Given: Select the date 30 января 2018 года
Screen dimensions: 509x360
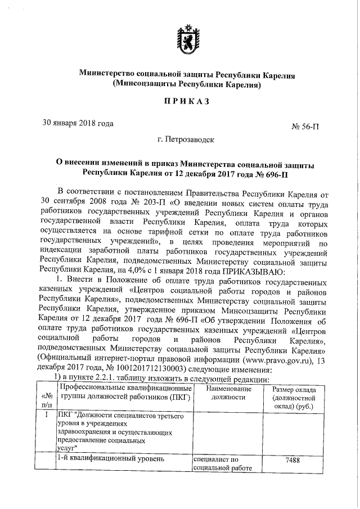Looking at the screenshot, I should point(78,123).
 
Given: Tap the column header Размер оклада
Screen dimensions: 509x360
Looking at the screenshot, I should point(294,398).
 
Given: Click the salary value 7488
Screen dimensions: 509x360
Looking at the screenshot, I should point(292,460).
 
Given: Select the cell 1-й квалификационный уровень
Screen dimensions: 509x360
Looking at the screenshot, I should point(102,459).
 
